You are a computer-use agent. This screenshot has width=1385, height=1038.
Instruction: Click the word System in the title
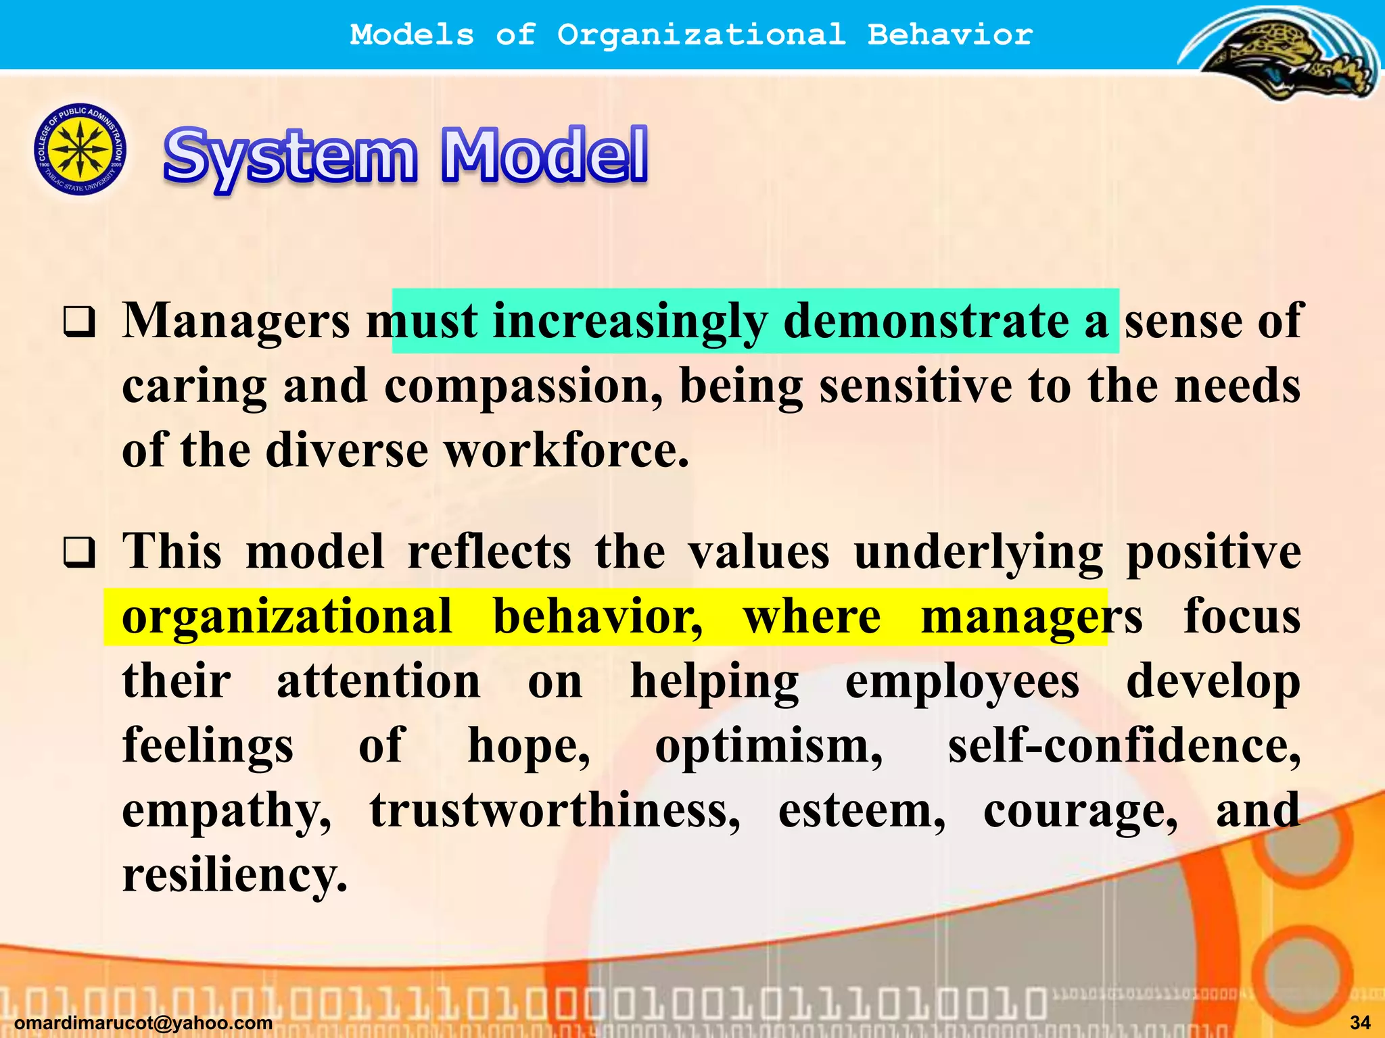(x=291, y=157)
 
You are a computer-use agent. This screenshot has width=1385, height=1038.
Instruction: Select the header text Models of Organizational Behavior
(x=691, y=34)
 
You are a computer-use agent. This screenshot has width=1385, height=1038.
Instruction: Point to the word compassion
(x=523, y=386)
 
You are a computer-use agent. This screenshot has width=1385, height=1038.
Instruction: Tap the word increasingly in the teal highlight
(x=630, y=321)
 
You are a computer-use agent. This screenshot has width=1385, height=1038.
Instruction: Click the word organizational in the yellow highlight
(x=287, y=616)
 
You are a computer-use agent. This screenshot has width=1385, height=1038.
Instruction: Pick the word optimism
(x=768, y=746)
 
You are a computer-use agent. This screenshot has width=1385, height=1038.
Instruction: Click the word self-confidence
(x=1123, y=746)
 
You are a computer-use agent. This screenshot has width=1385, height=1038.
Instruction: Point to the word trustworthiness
(x=555, y=810)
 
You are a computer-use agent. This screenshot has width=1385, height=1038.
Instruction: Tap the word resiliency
(x=234, y=875)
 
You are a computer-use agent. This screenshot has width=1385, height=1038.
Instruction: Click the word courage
(x=1080, y=810)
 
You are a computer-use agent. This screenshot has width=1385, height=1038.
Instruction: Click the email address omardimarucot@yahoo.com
(x=143, y=1023)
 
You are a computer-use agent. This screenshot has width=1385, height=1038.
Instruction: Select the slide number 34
(x=1360, y=1023)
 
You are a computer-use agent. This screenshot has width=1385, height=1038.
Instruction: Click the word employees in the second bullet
(x=962, y=681)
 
